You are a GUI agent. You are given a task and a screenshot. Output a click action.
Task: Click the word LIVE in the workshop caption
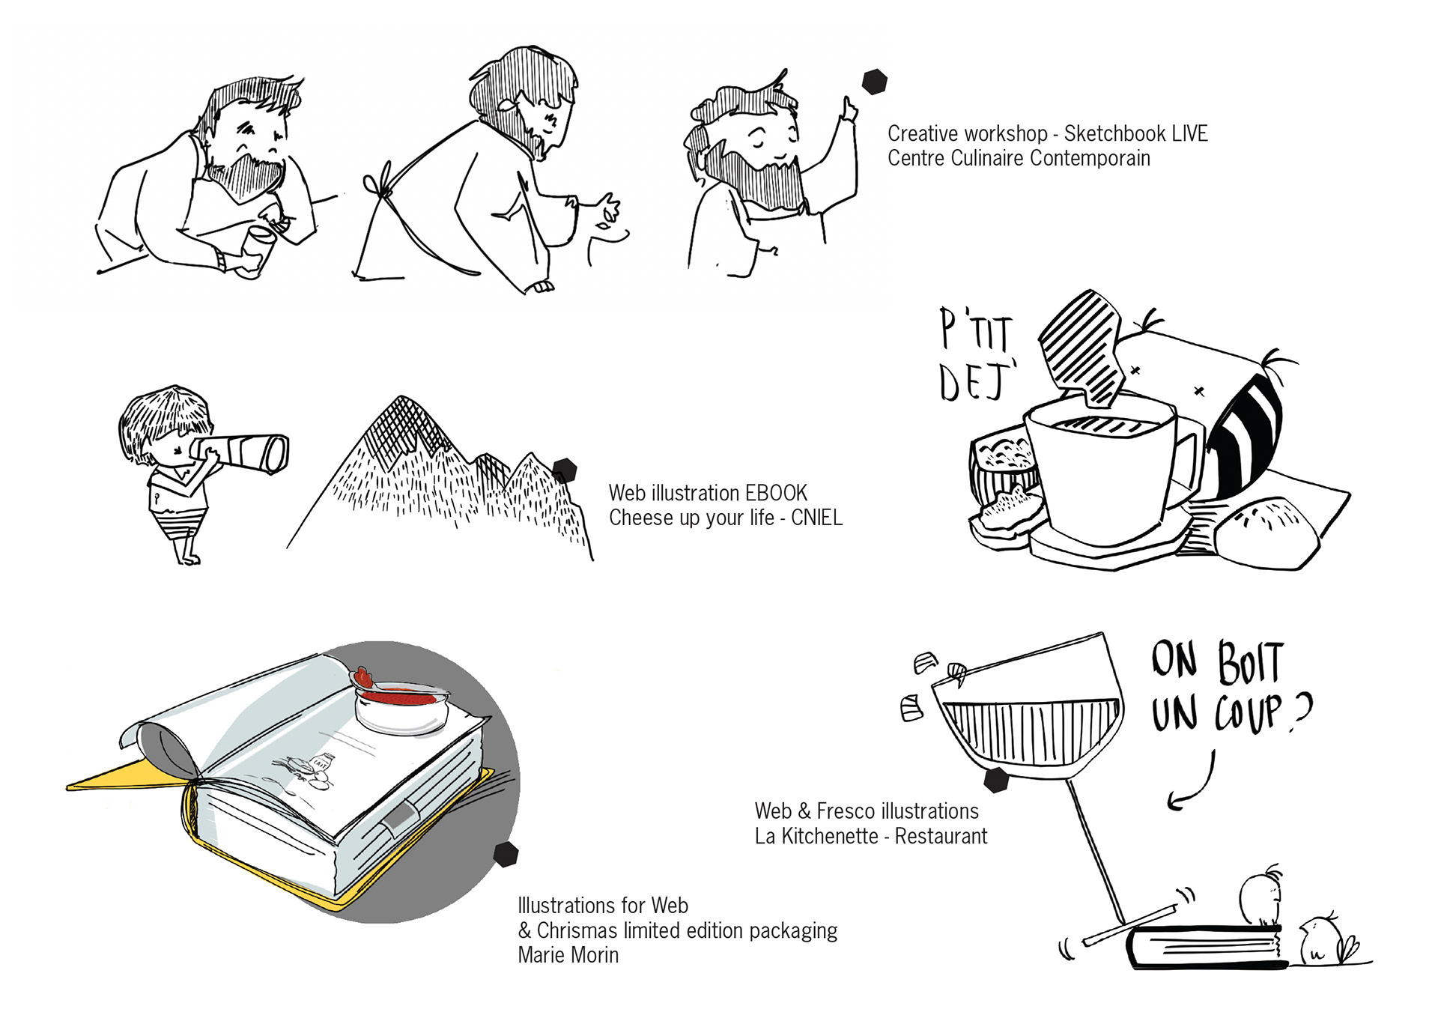(1189, 134)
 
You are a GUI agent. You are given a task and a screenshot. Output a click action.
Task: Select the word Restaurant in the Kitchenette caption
(941, 836)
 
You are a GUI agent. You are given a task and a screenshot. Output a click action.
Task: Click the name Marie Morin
(568, 955)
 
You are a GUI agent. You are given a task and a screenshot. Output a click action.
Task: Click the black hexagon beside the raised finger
(874, 82)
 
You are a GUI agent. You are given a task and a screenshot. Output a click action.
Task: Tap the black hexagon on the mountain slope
(565, 470)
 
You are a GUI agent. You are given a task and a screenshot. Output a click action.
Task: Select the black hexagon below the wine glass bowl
(996, 779)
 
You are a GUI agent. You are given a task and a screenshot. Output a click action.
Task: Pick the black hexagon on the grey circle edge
(506, 854)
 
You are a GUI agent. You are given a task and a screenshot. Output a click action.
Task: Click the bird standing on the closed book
(1262, 897)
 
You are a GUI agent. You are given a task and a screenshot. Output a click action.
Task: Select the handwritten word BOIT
(1251, 663)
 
